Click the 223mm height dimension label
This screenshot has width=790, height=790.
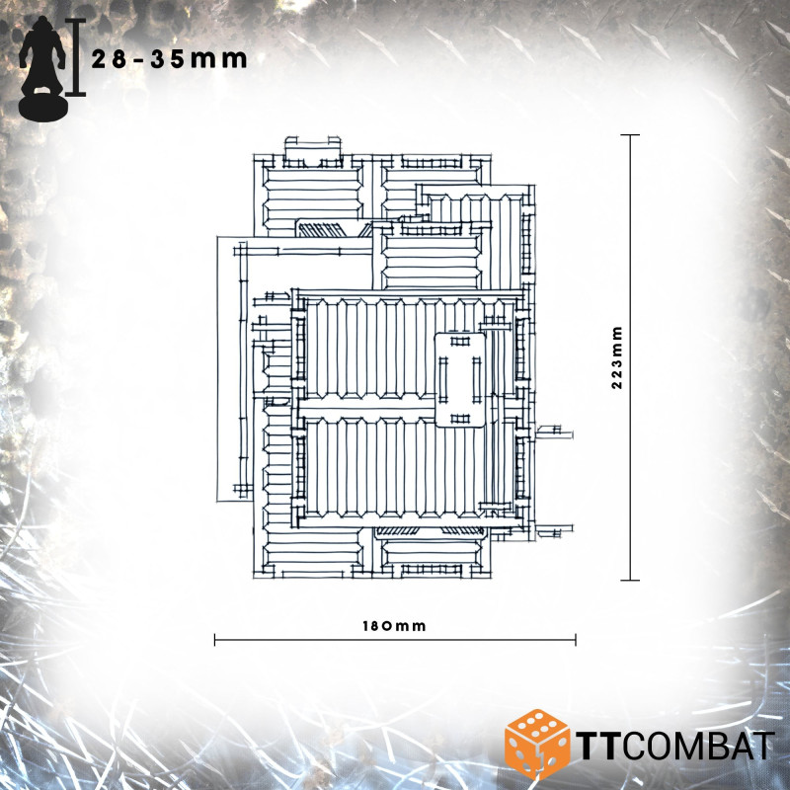(x=617, y=357)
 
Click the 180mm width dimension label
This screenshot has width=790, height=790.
(x=394, y=626)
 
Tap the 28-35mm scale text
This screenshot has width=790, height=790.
(x=169, y=59)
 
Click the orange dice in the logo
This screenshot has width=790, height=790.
(x=537, y=745)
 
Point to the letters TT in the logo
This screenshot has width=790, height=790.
(x=598, y=746)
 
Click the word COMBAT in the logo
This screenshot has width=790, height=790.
(x=698, y=746)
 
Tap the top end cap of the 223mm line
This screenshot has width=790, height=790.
(x=630, y=135)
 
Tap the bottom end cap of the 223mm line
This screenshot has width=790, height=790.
(x=630, y=581)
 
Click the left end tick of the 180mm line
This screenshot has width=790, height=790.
(x=215, y=640)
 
